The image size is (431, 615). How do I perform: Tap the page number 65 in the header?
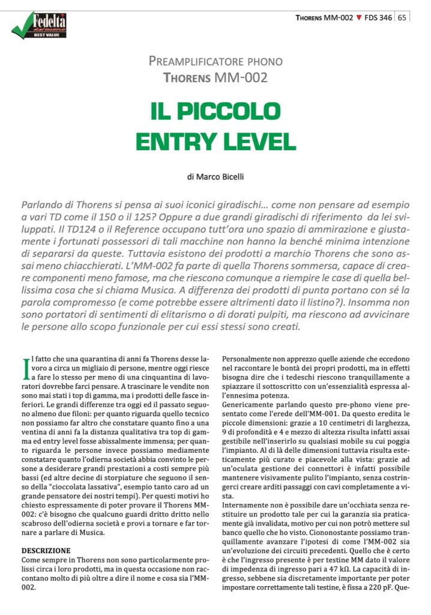pos(402,17)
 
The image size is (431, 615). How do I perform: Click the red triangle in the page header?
pos(358,17)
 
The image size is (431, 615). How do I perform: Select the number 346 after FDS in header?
pos(385,17)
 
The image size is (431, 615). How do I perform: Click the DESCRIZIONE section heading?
pos(46,550)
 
